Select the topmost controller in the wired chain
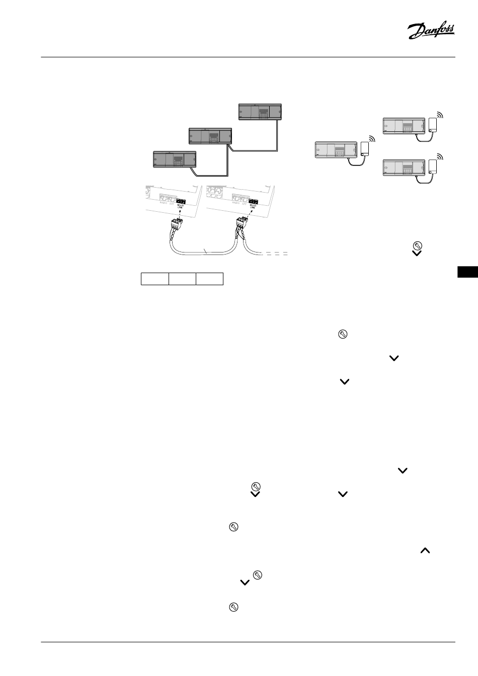[260, 111]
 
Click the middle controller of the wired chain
[211, 135]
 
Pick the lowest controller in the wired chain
[174, 159]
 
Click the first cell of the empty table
[154, 279]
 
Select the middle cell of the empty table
[182, 279]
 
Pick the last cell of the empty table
[209, 279]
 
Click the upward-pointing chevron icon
[425, 551]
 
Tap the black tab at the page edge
[468, 272]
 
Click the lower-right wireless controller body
[404, 166]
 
